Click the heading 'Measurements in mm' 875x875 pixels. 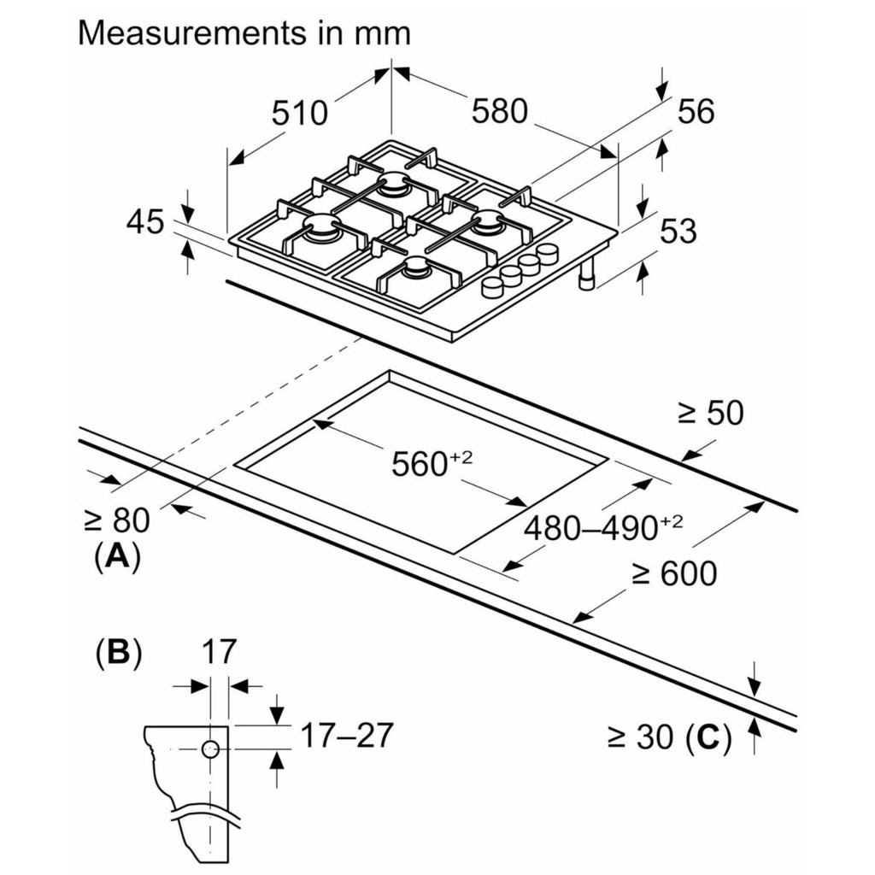(x=244, y=33)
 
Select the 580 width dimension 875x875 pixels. (x=499, y=111)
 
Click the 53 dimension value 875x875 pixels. (x=678, y=232)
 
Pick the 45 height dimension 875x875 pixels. (x=144, y=223)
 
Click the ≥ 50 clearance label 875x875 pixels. (x=710, y=414)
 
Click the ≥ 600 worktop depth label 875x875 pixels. (x=674, y=575)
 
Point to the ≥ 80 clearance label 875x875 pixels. (x=117, y=520)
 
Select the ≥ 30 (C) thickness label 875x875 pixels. (x=669, y=737)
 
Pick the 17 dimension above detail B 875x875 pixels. (x=218, y=654)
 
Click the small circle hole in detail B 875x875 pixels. (x=210, y=749)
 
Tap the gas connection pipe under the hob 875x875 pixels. (x=589, y=275)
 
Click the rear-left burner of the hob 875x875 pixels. (x=395, y=182)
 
